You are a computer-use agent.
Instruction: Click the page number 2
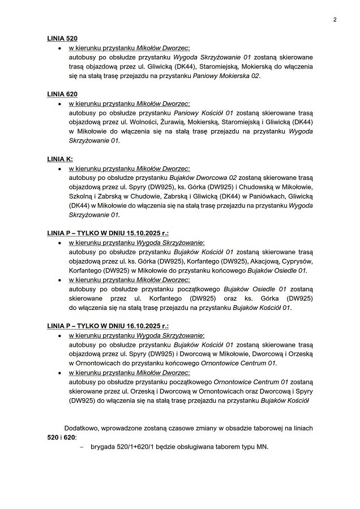coord(335,20)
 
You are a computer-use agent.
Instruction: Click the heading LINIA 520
coord(62,38)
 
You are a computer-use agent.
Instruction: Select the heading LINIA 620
coord(62,93)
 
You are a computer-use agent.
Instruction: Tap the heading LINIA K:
coord(59,159)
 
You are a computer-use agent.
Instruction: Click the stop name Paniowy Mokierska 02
coord(226,76)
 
